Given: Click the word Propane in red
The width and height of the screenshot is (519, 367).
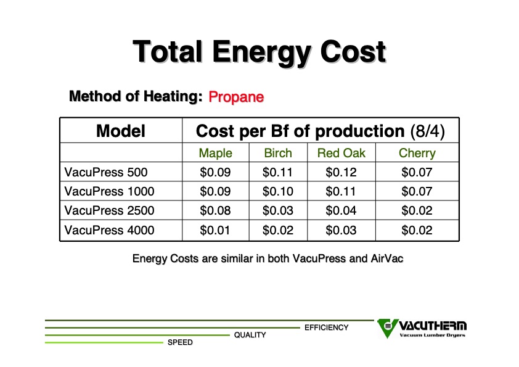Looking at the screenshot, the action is [236, 97].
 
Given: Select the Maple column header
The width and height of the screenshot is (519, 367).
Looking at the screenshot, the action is [216, 153].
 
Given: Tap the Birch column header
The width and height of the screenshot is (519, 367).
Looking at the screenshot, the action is [278, 153].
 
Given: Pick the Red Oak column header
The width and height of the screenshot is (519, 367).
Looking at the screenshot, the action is [341, 153].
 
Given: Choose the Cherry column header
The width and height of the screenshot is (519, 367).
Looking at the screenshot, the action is [417, 154].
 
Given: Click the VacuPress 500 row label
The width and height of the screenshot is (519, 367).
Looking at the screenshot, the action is [106, 172].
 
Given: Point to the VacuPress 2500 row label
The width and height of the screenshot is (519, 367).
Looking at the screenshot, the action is [109, 210].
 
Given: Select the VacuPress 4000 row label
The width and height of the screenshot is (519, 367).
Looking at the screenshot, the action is [109, 230].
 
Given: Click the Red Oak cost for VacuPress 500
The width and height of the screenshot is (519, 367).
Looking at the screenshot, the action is [341, 172].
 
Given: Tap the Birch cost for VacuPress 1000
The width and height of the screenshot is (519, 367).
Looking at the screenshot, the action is [278, 191].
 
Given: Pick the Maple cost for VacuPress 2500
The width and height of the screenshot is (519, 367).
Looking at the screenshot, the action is [215, 210].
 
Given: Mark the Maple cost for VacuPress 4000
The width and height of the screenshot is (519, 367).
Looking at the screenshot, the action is [215, 230].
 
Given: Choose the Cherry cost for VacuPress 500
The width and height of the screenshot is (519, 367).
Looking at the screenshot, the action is [417, 172].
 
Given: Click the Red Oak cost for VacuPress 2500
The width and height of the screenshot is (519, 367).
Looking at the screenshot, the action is [341, 210].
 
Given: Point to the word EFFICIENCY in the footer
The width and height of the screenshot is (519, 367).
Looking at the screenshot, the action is [326, 328].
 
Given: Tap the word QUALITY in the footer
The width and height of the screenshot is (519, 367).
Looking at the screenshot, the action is [250, 335].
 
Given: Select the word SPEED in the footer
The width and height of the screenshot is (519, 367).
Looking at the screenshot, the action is [180, 342].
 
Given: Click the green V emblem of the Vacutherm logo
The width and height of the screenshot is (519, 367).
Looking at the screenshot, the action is [387, 328].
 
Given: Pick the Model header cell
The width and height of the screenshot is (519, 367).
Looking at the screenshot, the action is [121, 131].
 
